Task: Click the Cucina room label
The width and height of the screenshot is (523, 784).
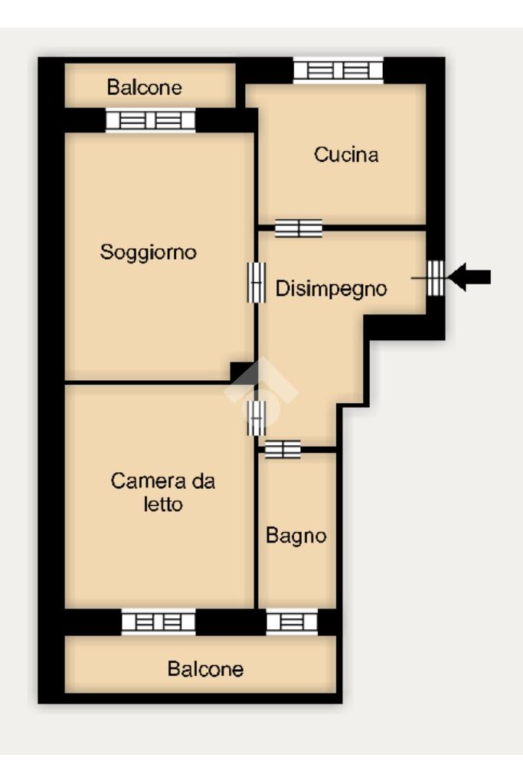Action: pyautogui.click(x=345, y=155)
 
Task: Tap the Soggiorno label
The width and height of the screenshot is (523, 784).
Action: pyautogui.click(x=149, y=252)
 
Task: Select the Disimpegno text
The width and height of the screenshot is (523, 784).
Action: pyautogui.click(x=332, y=289)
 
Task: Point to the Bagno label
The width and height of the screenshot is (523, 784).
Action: pyautogui.click(x=296, y=536)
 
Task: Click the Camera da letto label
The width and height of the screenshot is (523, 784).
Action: pyautogui.click(x=163, y=493)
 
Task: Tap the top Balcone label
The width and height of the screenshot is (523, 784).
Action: pyautogui.click(x=145, y=87)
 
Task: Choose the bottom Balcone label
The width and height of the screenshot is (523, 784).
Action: pyautogui.click(x=205, y=669)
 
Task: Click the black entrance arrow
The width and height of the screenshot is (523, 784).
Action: pyautogui.click(x=469, y=277)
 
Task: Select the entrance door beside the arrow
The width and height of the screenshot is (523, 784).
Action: pyautogui.click(x=435, y=277)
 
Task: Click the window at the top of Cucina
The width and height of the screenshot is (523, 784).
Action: pyautogui.click(x=338, y=70)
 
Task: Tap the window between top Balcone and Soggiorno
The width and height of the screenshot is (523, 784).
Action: pyautogui.click(x=150, y=120)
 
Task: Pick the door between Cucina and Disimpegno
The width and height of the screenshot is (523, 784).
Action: pyautogui.click(x=298, y=228)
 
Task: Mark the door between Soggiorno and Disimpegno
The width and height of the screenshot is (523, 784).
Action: pyautogui.click(x=257, y=283)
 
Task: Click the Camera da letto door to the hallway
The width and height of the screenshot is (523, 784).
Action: pyautogui.click(x=257, y=418)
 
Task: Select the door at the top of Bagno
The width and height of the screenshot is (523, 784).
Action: pyautogui.click(x=283, y=449)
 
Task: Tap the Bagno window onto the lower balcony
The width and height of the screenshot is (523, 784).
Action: pyautogui.click(x=292, y=622)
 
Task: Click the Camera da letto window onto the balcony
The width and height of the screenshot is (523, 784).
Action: pyautogui.click(x=159, y=622)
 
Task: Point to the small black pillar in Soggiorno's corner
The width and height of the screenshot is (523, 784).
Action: pyautogui.click(x=242, y=371)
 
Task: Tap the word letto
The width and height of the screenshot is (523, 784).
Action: pyautogui.click(x=163, y=504)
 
